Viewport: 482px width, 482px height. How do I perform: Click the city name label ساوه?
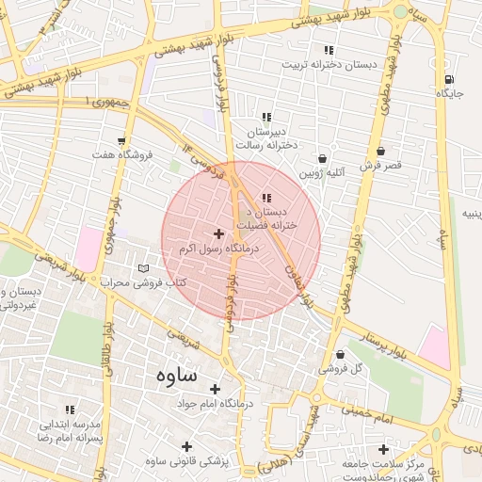point(172,375)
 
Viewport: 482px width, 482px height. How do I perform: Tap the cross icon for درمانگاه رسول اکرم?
point(219,233)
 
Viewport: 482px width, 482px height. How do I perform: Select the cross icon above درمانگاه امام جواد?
point(215,388)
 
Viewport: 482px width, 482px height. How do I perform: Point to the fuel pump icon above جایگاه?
point(448,79)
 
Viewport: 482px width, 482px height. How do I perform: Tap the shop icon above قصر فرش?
point(380,151)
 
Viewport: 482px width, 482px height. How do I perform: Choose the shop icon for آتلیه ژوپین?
point(324,159)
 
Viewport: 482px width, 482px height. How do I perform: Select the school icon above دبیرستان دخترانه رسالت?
point(266,118)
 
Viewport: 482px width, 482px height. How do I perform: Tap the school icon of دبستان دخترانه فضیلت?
point(266,198)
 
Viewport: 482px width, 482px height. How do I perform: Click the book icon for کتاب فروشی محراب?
point(142,268)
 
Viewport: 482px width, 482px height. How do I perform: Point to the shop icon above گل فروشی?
point(340,354)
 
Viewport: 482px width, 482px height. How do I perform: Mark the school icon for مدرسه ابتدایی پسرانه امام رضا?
point(70,410)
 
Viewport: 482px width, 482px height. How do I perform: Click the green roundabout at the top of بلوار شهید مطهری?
point(402,11)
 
